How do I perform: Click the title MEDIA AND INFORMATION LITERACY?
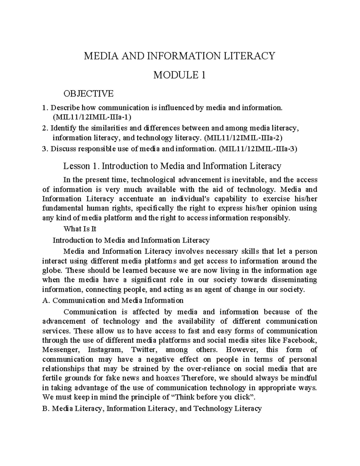(179, 56)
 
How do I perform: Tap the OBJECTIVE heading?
(88, 94)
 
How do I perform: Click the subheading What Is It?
(80, 229)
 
